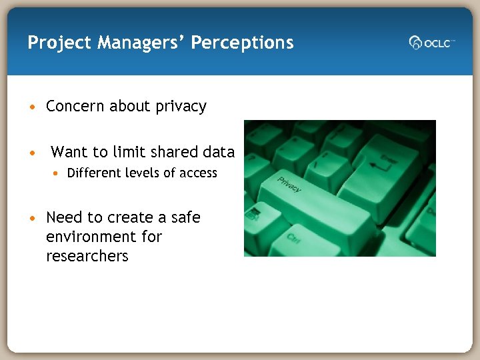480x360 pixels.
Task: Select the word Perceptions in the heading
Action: click(242, 43)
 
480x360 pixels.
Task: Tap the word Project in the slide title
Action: click(59, 43)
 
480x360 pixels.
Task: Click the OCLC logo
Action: click(431, 43)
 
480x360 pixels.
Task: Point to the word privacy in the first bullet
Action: click(181, 107)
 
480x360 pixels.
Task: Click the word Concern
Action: click(75, 107)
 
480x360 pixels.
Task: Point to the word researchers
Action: click(87, 256)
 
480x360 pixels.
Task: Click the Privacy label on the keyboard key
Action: click(289, 185)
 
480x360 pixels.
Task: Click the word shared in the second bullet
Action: click(173, 152)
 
